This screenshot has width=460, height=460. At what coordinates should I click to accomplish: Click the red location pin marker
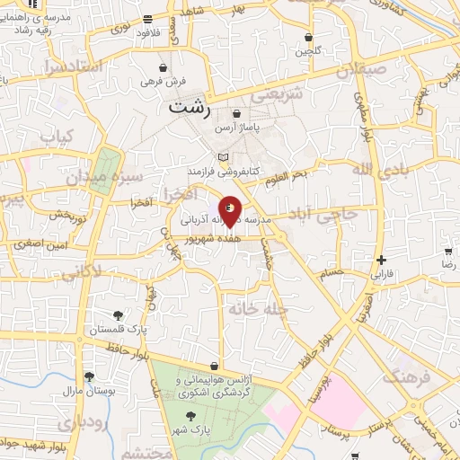click(x=231, y=210)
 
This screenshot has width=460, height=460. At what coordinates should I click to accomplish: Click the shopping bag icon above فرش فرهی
click(x=163, y=67)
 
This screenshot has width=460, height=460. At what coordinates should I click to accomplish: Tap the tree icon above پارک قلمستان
click(x=119, y=314)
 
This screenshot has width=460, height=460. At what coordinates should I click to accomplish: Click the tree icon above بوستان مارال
click(x=88, y=377)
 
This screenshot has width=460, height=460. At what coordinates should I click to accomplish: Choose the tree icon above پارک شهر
click(x=190, y=415)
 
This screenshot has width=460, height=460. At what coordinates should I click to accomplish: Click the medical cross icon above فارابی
click(x=382, y=260)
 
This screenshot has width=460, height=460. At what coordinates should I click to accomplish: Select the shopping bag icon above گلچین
click(x=309, y=38)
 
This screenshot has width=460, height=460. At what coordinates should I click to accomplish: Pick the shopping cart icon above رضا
click(x=447, y=252)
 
